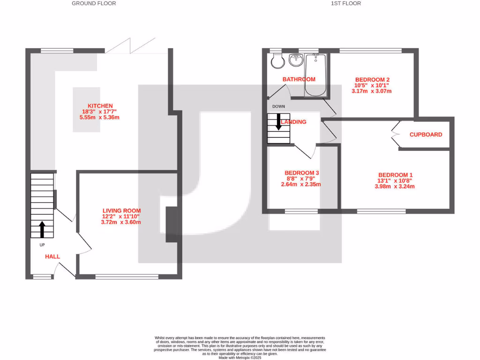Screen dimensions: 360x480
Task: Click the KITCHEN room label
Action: tap(99, 106)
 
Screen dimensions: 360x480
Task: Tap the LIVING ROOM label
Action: tap(121, 210)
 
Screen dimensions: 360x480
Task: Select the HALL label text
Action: tap(52, 256)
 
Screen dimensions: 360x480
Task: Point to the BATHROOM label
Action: tap(299, 79)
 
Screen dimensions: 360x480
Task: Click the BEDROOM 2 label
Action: tap(373, 80)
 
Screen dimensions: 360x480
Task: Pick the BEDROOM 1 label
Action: tap(395, 175)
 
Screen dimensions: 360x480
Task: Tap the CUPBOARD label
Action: tap(426, 135)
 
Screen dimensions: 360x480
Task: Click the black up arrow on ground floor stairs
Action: tap(42, 229)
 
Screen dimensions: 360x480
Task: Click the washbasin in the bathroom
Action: tap(295, 60)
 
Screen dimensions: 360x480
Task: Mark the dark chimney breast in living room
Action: tap(172, 225)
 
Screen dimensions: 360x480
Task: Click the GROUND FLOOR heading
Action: tap(94, 3)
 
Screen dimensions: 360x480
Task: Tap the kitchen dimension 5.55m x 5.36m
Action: tap(99, 117)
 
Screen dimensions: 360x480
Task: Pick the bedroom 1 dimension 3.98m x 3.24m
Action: tap(395, 186)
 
